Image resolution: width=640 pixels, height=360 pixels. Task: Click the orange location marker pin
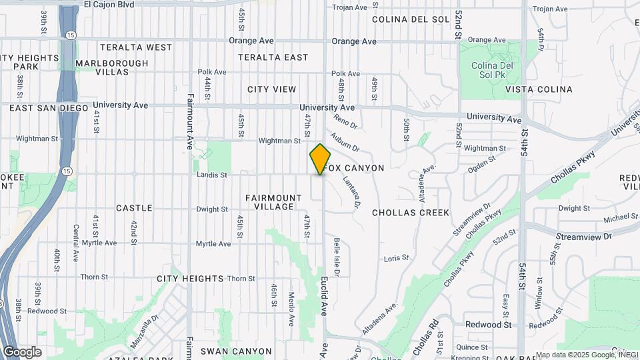pos(320,159)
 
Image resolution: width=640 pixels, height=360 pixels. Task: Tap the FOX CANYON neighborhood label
pos(355,168)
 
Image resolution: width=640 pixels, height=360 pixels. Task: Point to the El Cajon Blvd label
pos(109,4)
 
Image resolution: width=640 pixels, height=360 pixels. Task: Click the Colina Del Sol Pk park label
pos(491,70)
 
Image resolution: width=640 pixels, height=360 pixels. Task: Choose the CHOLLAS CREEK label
pos(411,213)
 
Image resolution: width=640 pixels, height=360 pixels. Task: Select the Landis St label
pos(212,175)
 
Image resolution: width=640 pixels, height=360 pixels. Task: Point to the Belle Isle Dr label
pos(337,257)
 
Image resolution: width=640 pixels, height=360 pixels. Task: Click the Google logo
pos(22,351)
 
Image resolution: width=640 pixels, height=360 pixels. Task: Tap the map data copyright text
pos(587,355)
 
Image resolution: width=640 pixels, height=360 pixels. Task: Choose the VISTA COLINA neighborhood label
pos(539,89)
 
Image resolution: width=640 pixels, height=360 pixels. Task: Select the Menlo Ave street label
pos(291,309)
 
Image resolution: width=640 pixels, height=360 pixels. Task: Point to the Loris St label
pos(395,258)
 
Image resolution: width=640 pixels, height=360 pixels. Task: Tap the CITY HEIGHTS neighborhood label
pos(190,278)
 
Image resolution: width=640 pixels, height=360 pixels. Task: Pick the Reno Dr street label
pos(346,123)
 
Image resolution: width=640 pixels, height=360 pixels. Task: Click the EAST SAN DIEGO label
pos(49,108)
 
